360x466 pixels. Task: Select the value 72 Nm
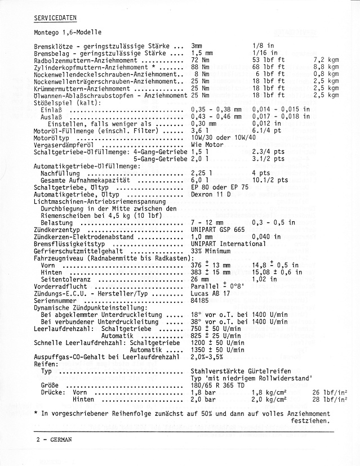200,60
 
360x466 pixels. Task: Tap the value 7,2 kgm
326,60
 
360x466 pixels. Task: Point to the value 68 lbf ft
268,67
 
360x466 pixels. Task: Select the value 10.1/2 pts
270,180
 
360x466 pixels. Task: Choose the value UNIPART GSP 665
217,230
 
